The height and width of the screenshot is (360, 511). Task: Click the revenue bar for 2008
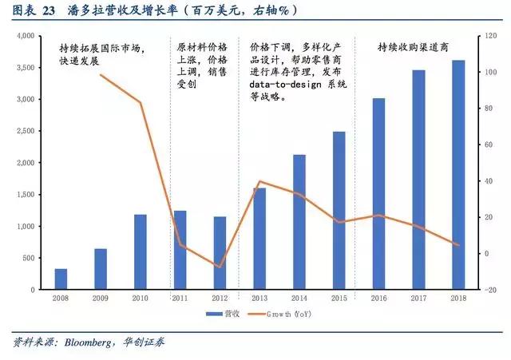61,279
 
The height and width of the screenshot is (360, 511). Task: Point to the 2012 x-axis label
220,298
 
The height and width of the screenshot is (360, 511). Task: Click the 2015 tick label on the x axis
339,298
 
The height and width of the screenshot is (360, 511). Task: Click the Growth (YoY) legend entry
292,315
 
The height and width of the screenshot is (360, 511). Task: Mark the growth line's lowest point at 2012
220,267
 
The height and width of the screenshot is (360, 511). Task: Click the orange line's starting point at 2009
101,75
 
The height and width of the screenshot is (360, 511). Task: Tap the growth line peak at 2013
259,181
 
